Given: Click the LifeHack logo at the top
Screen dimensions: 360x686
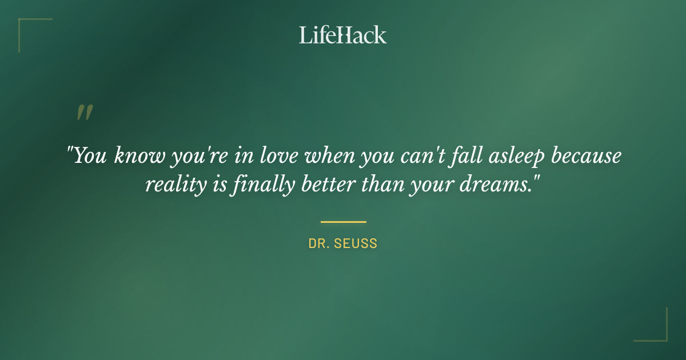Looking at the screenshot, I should pos(343,35).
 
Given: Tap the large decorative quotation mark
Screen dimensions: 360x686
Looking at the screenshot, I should pos(85,113).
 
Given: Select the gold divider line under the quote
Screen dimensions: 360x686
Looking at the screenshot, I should pos(343,222).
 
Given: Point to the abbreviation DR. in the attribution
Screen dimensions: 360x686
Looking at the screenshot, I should pos(318,244).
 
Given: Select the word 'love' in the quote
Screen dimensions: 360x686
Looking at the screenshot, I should pos(274,156).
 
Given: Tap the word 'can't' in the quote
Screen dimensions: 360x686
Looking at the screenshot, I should pos(409,156).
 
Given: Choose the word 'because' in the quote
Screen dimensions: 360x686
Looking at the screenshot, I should pos(583,156).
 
